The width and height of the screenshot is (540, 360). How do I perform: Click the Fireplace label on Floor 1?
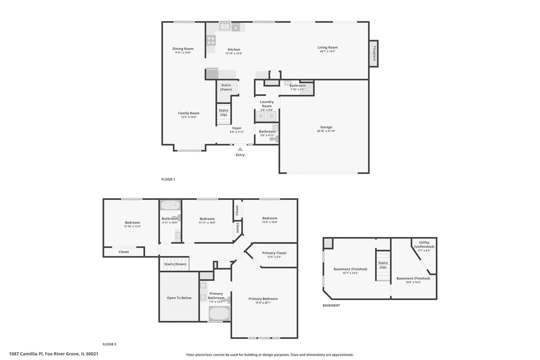coord(374,54)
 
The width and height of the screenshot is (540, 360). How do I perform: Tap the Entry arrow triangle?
coord(240,149)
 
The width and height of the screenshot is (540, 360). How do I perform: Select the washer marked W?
coord(261,116)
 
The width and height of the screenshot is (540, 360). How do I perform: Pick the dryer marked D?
coord(271,116)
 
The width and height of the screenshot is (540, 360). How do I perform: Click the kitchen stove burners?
coord(211,40)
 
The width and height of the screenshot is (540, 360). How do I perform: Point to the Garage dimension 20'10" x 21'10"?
coord(326,131)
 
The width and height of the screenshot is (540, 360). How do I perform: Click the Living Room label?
coord(328,48)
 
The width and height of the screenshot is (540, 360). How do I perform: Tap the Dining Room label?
coord(183,49)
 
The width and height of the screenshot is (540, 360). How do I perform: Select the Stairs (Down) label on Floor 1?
coord(226,87)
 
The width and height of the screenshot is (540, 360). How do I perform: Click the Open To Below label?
coord(179,298)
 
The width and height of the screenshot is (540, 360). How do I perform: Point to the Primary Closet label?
coord(274,253)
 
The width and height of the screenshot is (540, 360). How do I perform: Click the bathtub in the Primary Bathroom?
coord(219,313)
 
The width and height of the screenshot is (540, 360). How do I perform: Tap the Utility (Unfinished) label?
coord(424,245)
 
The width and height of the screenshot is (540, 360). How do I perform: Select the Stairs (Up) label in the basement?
coord(383,265)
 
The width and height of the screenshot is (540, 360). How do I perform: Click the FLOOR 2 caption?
coord(109,344)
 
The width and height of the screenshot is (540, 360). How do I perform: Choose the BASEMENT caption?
coord(331,306)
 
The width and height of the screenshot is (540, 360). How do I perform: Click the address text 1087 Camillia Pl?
coord(26,354)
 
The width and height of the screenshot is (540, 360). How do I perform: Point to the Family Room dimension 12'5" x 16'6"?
coord(189,117)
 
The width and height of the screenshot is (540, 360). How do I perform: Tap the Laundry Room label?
coord(267,104)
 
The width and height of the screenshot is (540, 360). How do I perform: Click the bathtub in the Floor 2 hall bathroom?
coord(170,205)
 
